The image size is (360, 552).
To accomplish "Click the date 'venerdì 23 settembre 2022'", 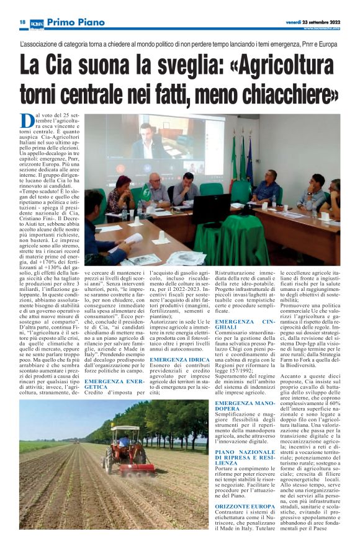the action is pyautogui.click(x=313, y=22).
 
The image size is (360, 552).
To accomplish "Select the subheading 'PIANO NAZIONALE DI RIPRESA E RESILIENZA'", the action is pyautogui.click(x=242, y=458).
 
